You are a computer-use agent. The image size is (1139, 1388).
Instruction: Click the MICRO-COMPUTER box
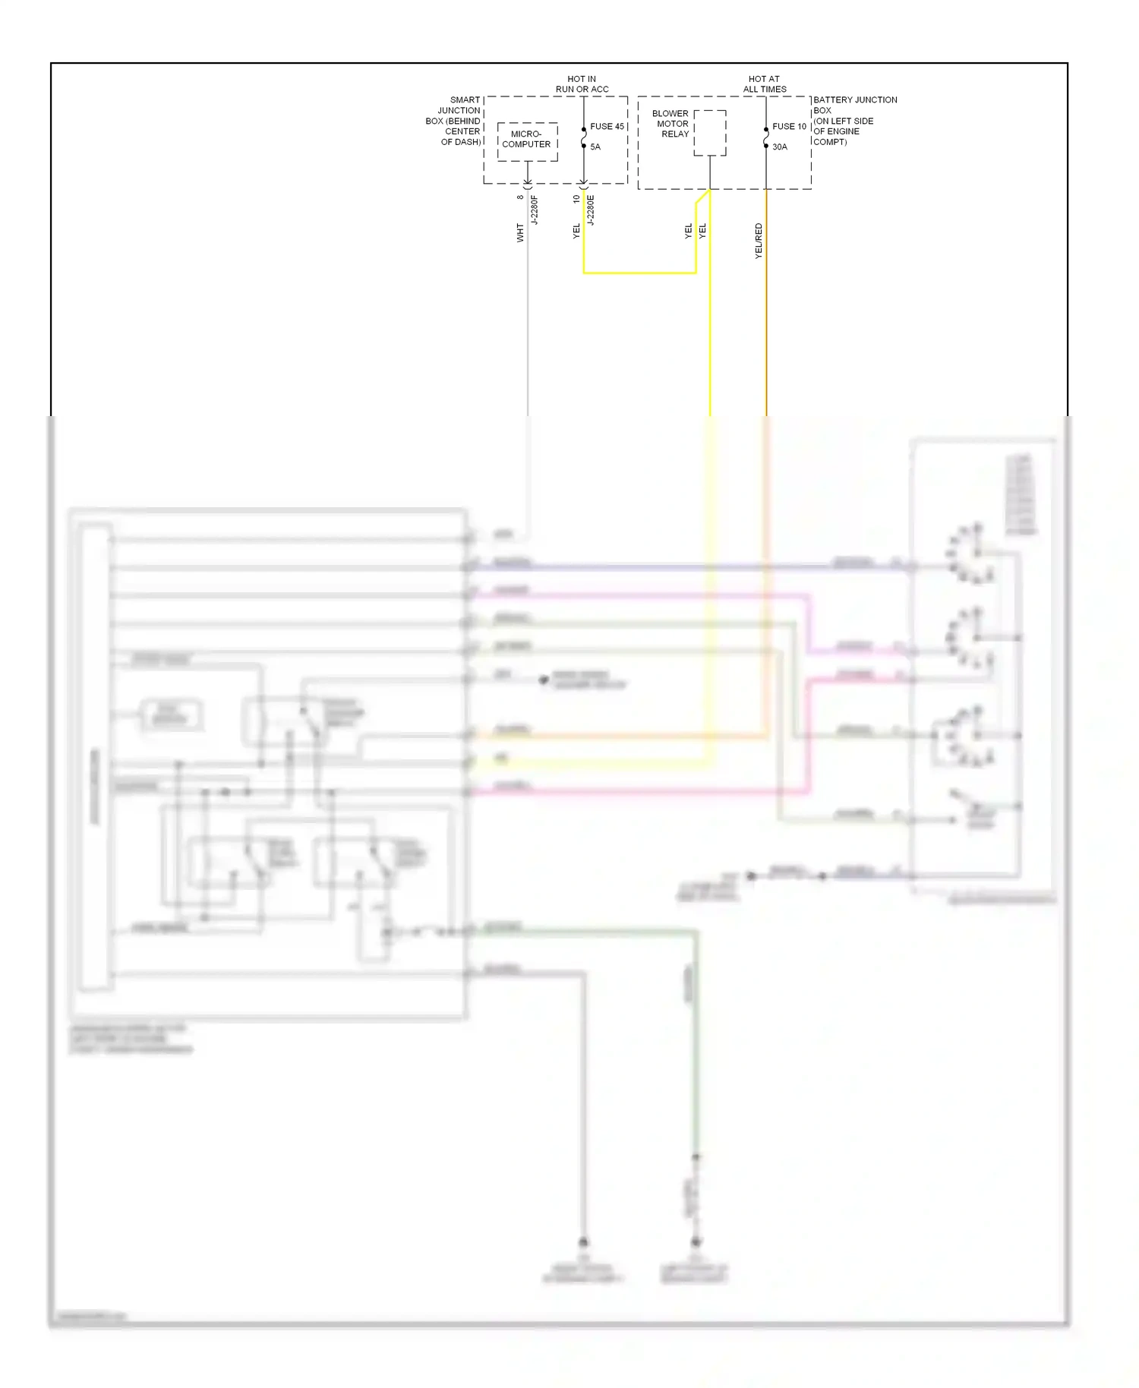527,140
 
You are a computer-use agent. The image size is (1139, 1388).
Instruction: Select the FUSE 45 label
607,127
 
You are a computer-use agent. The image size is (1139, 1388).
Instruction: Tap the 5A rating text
595,147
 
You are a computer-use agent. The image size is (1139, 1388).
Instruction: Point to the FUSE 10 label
789,127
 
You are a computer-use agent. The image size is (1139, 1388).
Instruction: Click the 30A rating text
780,147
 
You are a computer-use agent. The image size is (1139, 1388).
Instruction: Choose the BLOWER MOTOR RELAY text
671,124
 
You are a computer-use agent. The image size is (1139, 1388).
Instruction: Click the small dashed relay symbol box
710,133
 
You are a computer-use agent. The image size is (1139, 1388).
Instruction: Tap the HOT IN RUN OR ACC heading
582,84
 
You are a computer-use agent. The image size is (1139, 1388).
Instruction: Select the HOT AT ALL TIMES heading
765,84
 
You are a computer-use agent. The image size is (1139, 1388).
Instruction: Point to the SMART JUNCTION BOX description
454,121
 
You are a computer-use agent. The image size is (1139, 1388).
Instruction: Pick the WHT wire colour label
520,232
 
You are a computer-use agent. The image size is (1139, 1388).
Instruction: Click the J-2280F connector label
535,210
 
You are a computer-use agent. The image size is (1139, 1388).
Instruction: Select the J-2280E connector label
591,210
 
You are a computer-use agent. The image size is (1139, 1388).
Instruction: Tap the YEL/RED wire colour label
759,241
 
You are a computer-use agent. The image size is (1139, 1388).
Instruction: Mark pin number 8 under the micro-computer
520,197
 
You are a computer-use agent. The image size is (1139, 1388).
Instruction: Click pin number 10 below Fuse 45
576,199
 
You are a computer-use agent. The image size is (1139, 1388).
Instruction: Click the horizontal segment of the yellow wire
639,273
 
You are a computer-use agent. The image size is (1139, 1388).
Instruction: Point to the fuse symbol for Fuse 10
766,137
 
